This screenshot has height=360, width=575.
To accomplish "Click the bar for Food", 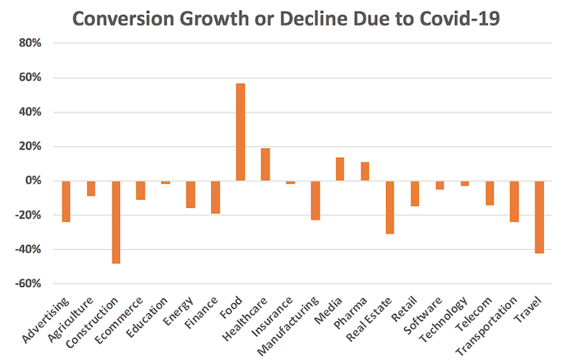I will pyautogui.click(x=240, y=132).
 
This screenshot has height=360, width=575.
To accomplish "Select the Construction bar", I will pyautogui.click(x=116, y=222).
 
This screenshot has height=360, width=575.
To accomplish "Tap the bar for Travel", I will pyautogui.click(x=539, y=217).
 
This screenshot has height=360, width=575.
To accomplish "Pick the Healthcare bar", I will pyautogui.click(x=265, y=164).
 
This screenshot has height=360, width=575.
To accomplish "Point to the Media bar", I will pyautogui.click(x=340, y=169).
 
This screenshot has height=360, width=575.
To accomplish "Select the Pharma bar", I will pyautogui.click(x=365, y=172).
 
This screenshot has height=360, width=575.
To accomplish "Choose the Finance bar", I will pyautogui.click(x=215, y=197).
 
